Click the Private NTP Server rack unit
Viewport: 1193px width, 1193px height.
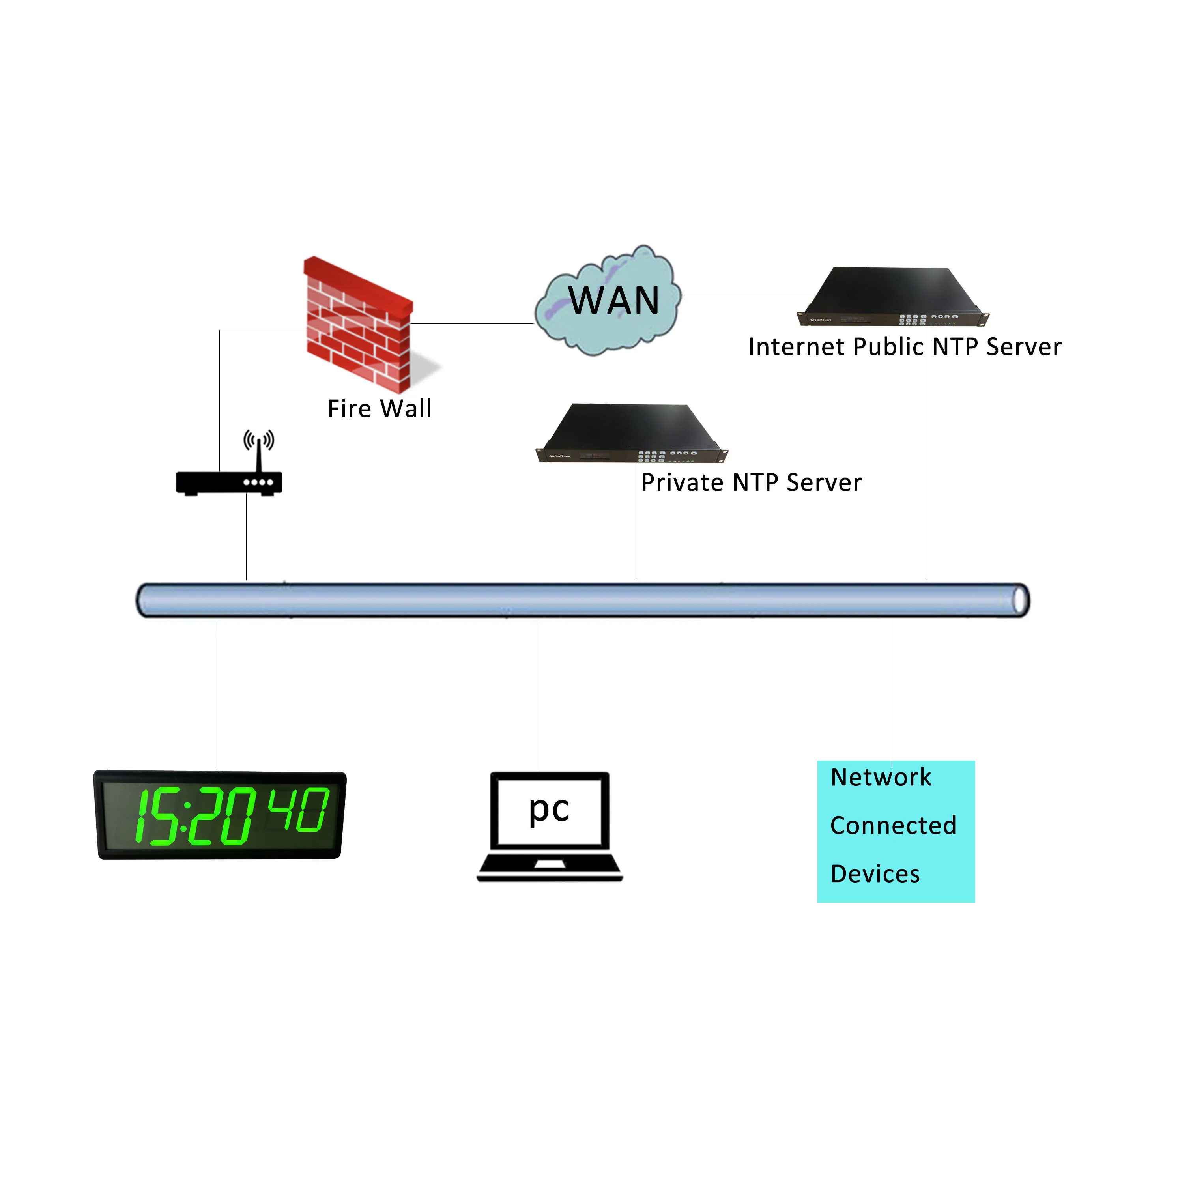point(631,434)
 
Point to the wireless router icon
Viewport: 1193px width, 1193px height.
point(229,482)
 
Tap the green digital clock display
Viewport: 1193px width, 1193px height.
point(220,815)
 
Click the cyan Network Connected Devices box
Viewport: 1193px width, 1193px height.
point(896,831)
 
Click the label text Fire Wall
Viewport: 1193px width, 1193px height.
point(379,409)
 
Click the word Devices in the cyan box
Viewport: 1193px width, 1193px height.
point(875,874)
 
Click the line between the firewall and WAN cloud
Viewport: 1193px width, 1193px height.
point(472,323)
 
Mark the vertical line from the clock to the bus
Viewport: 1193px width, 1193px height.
point(215,695)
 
